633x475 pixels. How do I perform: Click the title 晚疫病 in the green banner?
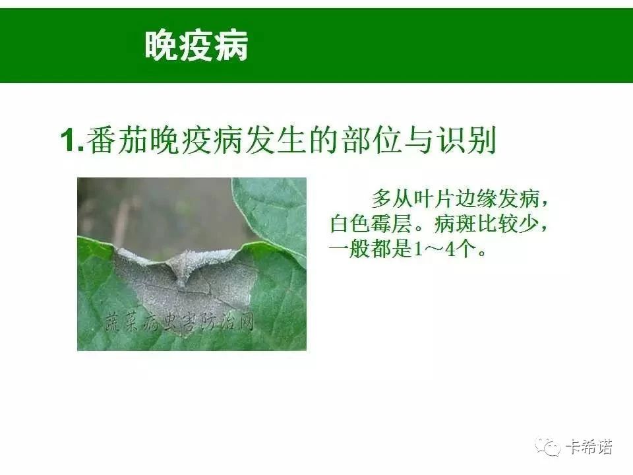pos(196,46)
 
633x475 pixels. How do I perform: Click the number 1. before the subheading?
pos(73,140)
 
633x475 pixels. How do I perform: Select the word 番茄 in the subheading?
pos(117,140)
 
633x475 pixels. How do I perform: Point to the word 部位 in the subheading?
pos(371,140)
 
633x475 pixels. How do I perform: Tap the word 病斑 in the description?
pos(455,224)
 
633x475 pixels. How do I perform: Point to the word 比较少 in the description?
pos(508,224)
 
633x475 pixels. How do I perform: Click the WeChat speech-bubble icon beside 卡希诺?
pos(547,447)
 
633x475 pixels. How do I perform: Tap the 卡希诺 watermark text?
pos(589,447)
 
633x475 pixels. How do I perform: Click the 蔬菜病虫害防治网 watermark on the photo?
pos(179,323)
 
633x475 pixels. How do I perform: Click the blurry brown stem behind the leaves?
pos(122,222)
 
